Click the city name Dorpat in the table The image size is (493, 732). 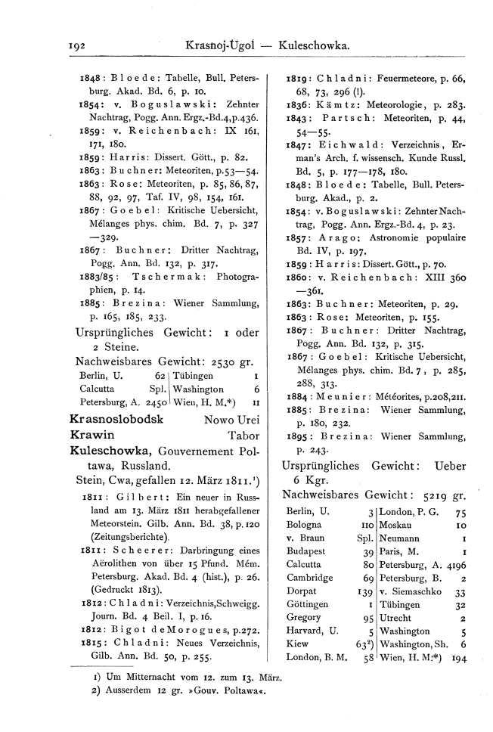[301, 589]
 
